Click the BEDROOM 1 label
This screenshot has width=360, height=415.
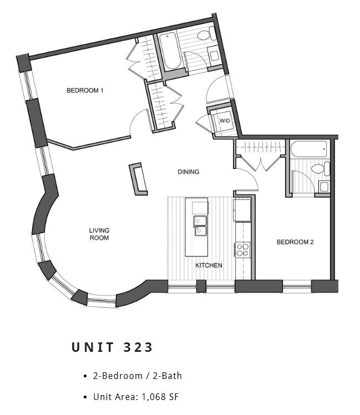(85, 90)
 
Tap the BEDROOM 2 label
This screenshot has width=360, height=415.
(295, 242)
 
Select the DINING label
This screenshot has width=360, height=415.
(188, 172)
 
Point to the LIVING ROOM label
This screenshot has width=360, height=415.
(99, 234)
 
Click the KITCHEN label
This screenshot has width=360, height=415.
(209, 265)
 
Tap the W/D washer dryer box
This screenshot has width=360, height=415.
(224, 121)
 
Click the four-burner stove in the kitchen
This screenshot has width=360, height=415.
(242, 249)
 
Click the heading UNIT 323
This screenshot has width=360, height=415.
(112, 347)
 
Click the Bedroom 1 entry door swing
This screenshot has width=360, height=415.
(139, 122)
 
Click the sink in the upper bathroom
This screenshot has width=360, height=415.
(214, 56)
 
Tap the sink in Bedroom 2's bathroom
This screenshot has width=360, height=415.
(323, 186)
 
